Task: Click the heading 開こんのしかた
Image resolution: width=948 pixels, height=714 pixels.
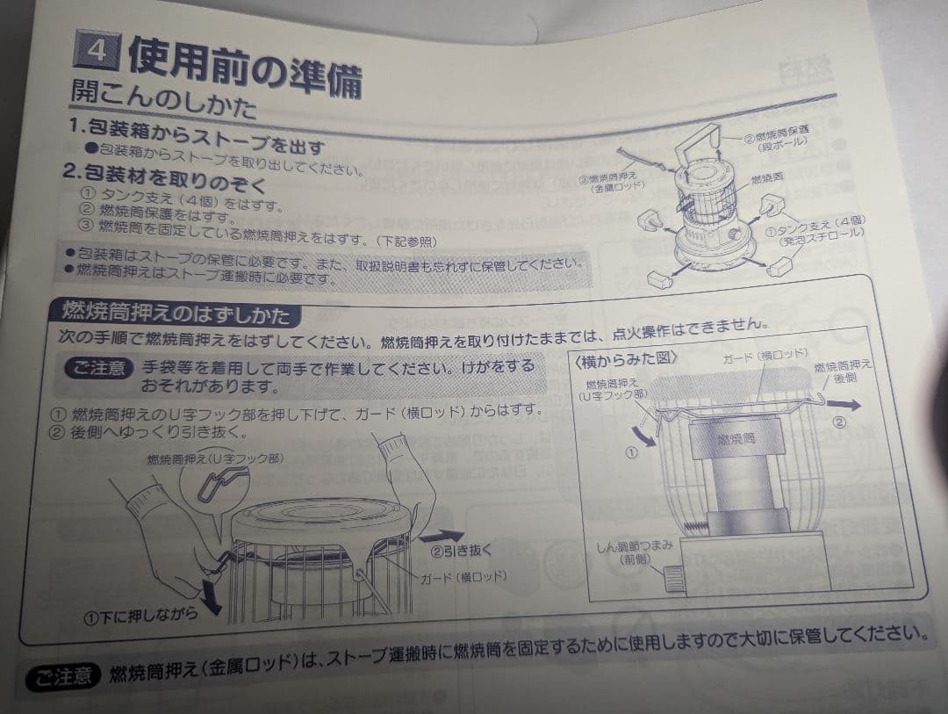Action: point(163,99)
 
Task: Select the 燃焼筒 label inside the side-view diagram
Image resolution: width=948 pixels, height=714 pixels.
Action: point(735,437)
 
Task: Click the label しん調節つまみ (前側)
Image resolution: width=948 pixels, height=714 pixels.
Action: point(633,551)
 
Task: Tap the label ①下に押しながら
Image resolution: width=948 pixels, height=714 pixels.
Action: point(140,617)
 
